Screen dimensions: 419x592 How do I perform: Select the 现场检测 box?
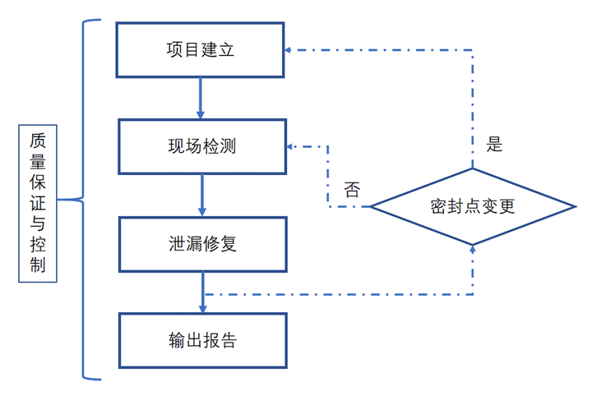(x=202, y=147)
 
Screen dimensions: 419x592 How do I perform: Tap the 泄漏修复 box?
(x=202, y=244)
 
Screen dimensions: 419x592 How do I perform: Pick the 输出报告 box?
(x=202, y=340)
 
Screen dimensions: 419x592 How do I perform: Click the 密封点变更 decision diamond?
(x=473, y=206)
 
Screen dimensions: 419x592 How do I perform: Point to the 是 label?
(x=494, y=145)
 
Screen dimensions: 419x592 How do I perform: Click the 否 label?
(x=352, y=191)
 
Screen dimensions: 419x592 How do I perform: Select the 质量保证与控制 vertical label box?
(x=38, y=204)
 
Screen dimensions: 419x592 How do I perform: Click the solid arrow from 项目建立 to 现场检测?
(x=201, y=99)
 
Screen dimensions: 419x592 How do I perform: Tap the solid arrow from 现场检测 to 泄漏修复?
(x=202, y=196)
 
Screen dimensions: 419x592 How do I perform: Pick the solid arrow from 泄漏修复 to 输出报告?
(x=202, y=292)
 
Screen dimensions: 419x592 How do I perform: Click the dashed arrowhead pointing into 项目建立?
(x=290, y=50)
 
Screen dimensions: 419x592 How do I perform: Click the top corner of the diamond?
(x=473, y=170)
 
